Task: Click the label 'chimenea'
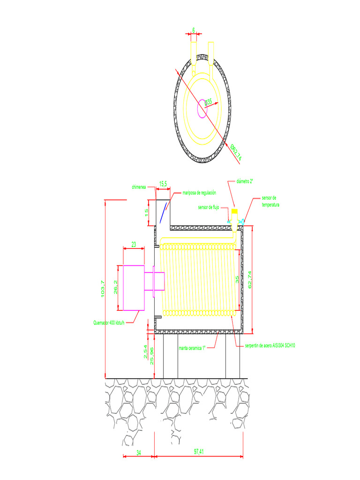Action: click(x=139, y=187)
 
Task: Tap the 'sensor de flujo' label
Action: click(x=208, y=207)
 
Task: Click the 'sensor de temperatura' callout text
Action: click(x=269, y=202)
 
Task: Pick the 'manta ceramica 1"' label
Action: click(x=192, y=348)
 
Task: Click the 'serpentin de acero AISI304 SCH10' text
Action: click(x=270, y=345)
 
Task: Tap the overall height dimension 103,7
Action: click(x=103, y=288)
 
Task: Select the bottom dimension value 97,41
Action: click(x=200, y=452)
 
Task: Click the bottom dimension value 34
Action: click(x=139, y=452)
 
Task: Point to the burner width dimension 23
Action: click(x=134, y=244)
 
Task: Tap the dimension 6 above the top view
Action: click(x=193, y=30)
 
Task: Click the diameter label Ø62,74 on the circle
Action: click(x=236, y=152)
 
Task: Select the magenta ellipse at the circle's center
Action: click(x=202, y=108)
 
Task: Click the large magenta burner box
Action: click(x=134, y=287)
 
